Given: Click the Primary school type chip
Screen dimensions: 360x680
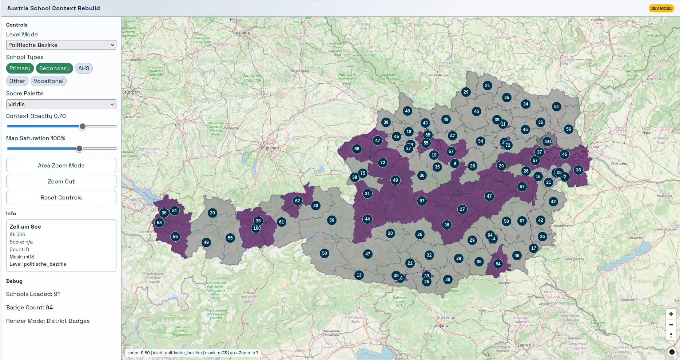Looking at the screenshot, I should coord(20,68).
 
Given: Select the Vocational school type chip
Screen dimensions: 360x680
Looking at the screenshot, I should coord(48,81).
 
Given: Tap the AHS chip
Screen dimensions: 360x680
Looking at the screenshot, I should coord(84,68).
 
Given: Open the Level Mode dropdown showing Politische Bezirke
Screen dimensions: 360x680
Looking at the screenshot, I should coord(61,45).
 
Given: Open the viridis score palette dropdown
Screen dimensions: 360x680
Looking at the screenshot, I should coord(61,104).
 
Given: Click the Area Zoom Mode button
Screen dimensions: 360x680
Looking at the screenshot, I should coord(61,166).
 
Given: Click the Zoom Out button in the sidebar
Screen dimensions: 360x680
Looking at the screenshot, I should coord(61,182).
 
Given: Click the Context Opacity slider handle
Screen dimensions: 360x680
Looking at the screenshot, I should coord(83,126).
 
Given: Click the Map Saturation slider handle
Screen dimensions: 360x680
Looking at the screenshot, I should coord(79,149).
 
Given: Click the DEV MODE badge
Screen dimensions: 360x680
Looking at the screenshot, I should coord(661,8).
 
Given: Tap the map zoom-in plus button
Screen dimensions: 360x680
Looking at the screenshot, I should coord(671,314).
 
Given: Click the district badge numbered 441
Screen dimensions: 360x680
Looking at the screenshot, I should coord(548,142).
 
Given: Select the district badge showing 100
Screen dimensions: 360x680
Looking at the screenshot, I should coord(257,228).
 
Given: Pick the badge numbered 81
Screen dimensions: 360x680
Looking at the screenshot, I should coord(175,211).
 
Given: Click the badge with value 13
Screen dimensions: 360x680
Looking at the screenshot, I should coord(359,275).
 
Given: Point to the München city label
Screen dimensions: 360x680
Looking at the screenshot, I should coord(270,148).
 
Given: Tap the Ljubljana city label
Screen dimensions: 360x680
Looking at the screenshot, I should coord(439,326).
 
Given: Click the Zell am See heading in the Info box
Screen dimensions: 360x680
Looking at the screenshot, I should coord(25,227).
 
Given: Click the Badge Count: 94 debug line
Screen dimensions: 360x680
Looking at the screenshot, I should coord(29,308).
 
